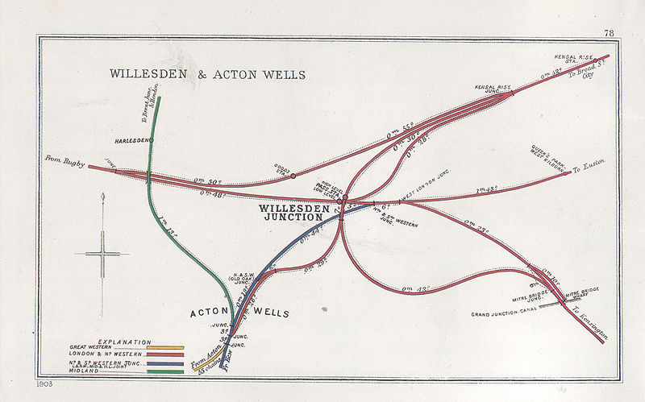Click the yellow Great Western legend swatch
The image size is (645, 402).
click(171, 347)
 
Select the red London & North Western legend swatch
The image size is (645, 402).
click(171, 354)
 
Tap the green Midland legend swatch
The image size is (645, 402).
click(171, 371)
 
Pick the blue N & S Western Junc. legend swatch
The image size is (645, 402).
click(171, 363)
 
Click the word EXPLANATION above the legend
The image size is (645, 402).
click(125, 342)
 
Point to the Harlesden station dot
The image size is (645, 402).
click(151, 140)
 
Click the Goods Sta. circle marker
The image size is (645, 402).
click(293, 175)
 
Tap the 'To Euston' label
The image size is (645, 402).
click(587, 169)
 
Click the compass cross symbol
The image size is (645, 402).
click(103, 255)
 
